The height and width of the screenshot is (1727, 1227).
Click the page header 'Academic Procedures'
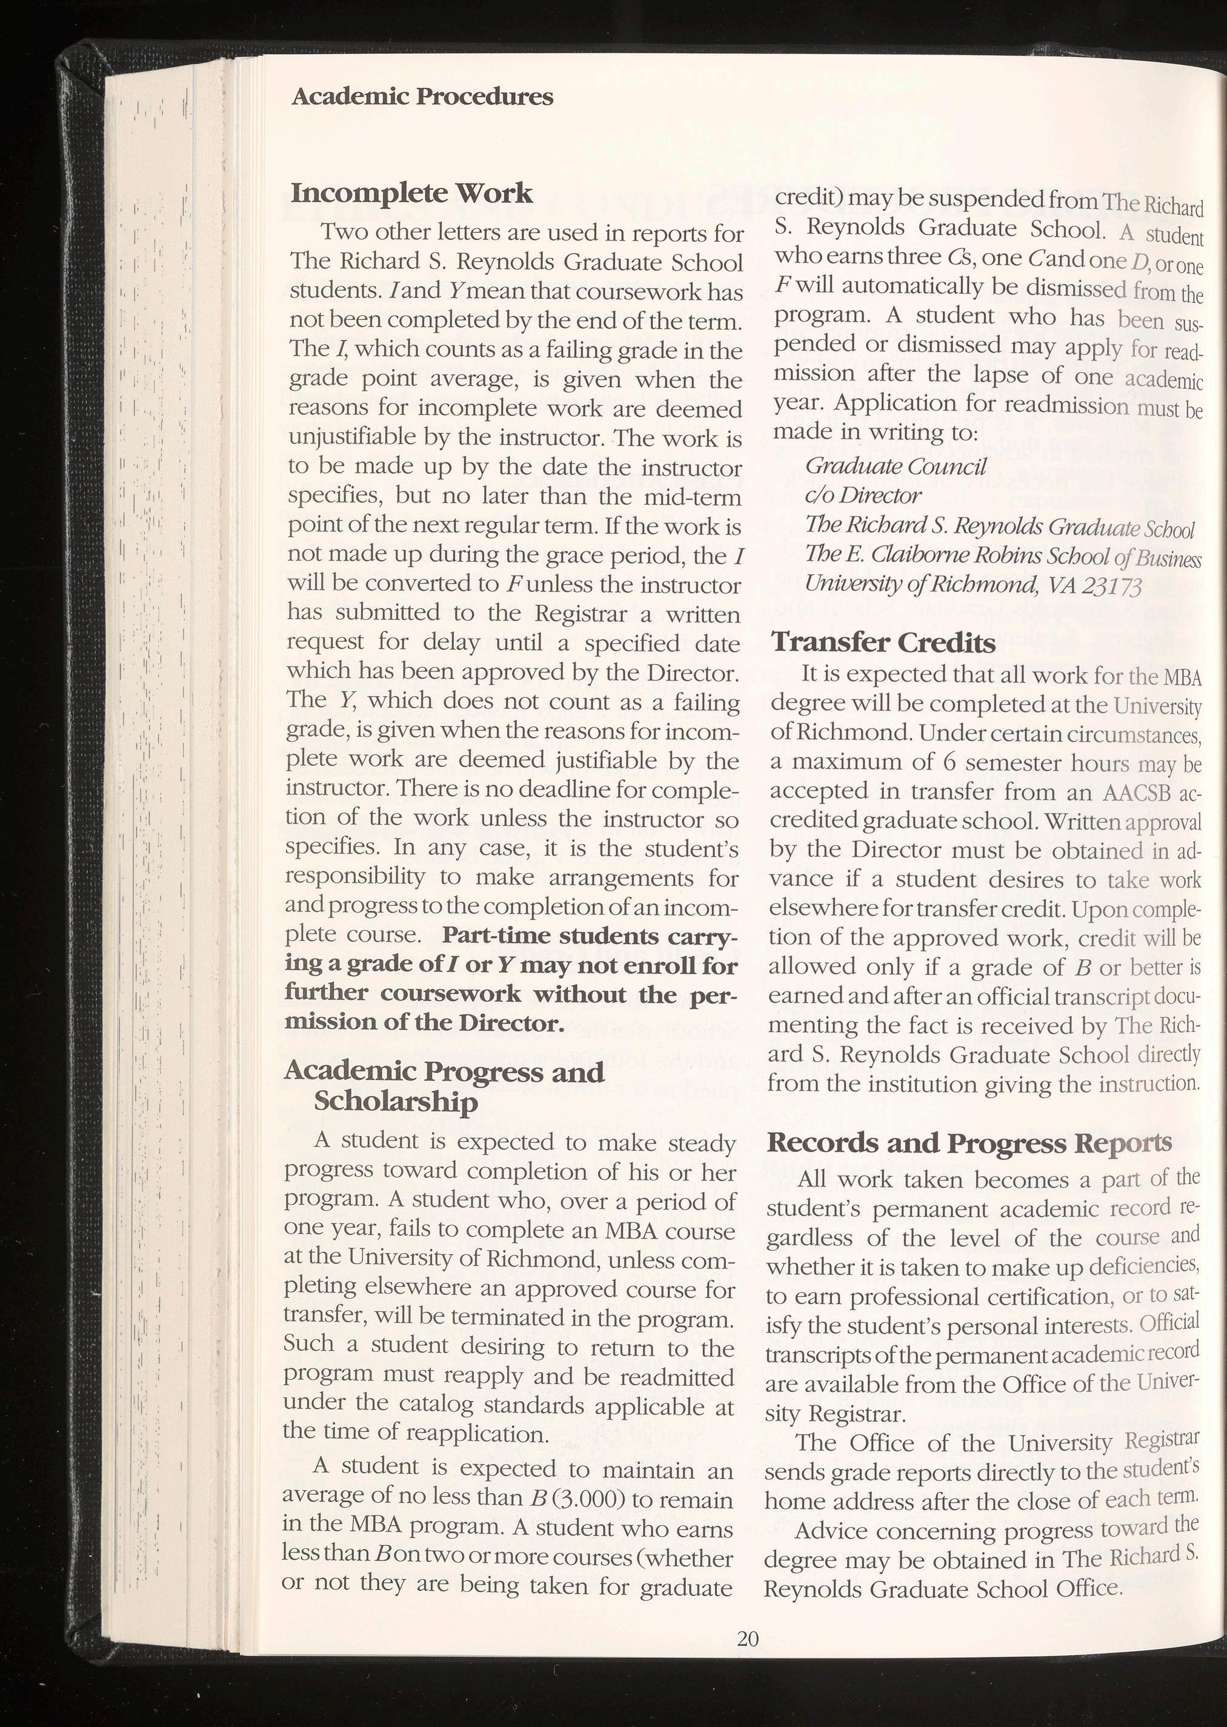click(422, 97)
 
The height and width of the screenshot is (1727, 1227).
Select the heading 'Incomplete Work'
click(412, 193)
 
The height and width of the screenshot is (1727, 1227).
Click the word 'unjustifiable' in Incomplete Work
click(352, 438)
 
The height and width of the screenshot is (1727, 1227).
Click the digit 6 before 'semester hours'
click(949, 762)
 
